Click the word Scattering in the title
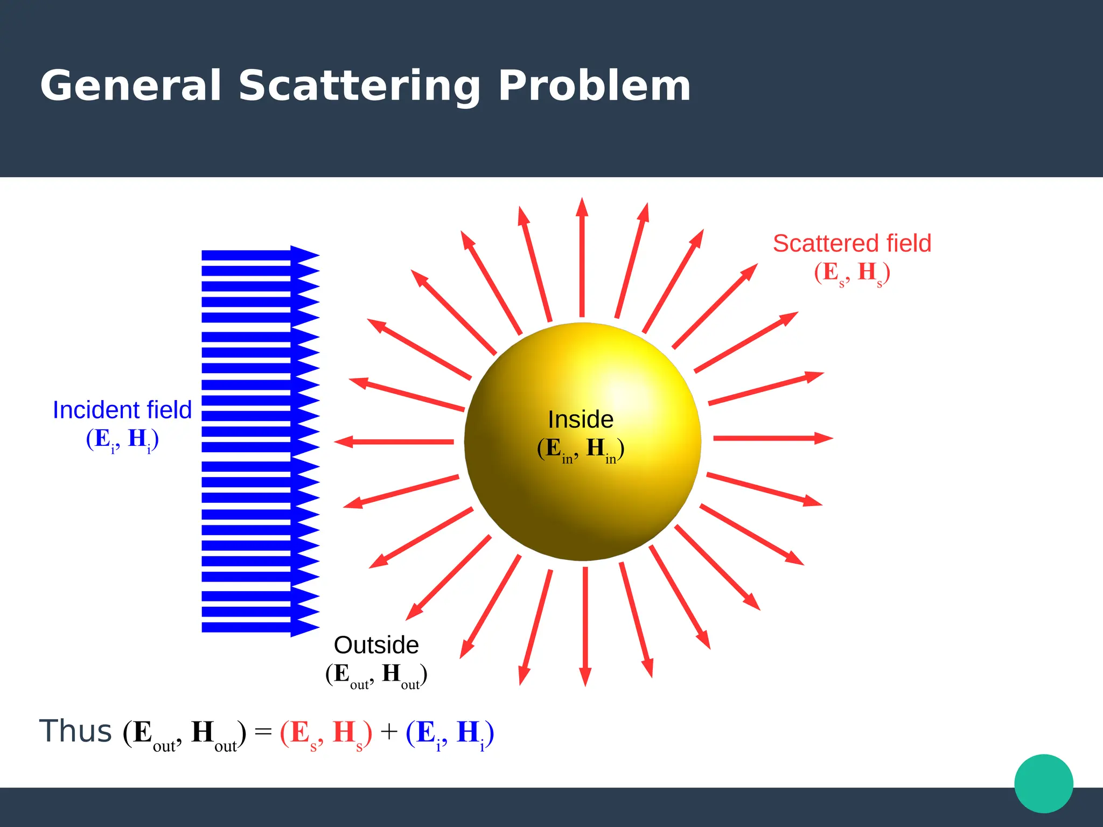pyautogui.click(x=359, y=86)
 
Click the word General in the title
pyautogui.click(x=130, y=86)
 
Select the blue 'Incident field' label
pyautogui.click(x=122, y=410)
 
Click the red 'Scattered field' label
pyautogui.click(x=851, y=243)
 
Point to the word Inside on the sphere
pyautogui.click(x=581, y=419)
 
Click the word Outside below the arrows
pyautogui.click(x=376, y=645)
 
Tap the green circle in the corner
pyautogui.click(x=1043, y=783)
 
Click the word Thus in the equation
pyautogui.click(x=75, y=732)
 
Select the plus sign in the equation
pyautogui.click(x=388, y=732)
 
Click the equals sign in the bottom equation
pyautogui.click(x=263, y=732)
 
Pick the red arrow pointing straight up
pyautogui.click(x=582, y=258)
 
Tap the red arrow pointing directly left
pyautogui.click(x=393, y=442)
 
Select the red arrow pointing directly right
pyautogui.click(x=773, y=438)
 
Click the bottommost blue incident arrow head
pyautogui.click(x=304, y=628)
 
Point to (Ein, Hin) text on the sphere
pyautogui.click(x=581, y=449)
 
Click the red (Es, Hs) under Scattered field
pyautogui.click(x=851, y=273)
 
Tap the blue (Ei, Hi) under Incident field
pyautogui.click(x=122, y=439)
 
